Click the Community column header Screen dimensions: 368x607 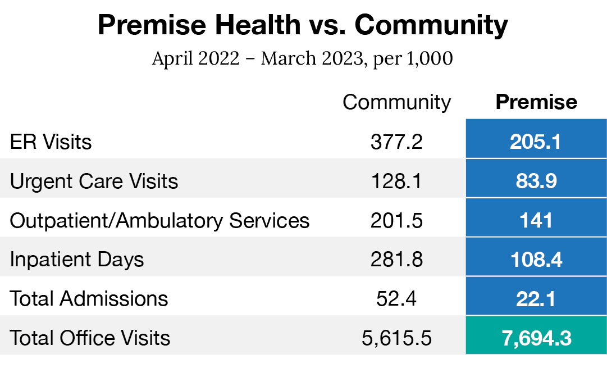pyautogui.click(x=396, y=102)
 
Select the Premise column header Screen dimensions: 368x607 pyautogui.click(x=536, y=102)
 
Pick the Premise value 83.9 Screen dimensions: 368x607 pyautogui.click(x=536, y=181)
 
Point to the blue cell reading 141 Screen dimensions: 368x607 pyautogui.click(x=536, y=220)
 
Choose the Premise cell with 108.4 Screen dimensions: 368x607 pyautogui.click(x=536, y=260)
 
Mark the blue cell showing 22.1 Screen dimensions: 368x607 pyautogui.click(x=536, y=299)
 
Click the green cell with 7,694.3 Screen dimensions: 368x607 pyautogui.click(x=536, y=338)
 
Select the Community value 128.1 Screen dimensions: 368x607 pyautogui.click(x=396, y=181)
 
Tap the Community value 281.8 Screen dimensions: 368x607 pyautogui.click(x=396, y=260)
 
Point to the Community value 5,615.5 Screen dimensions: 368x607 pyautogui.click(x=396, y=338)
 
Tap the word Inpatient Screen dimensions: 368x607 pyautogui.click(x=48, y=260)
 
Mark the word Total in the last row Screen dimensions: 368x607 pyautogui.click(x=31, y=338)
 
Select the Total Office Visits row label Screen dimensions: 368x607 pyautogui.click(x=90, y=338)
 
